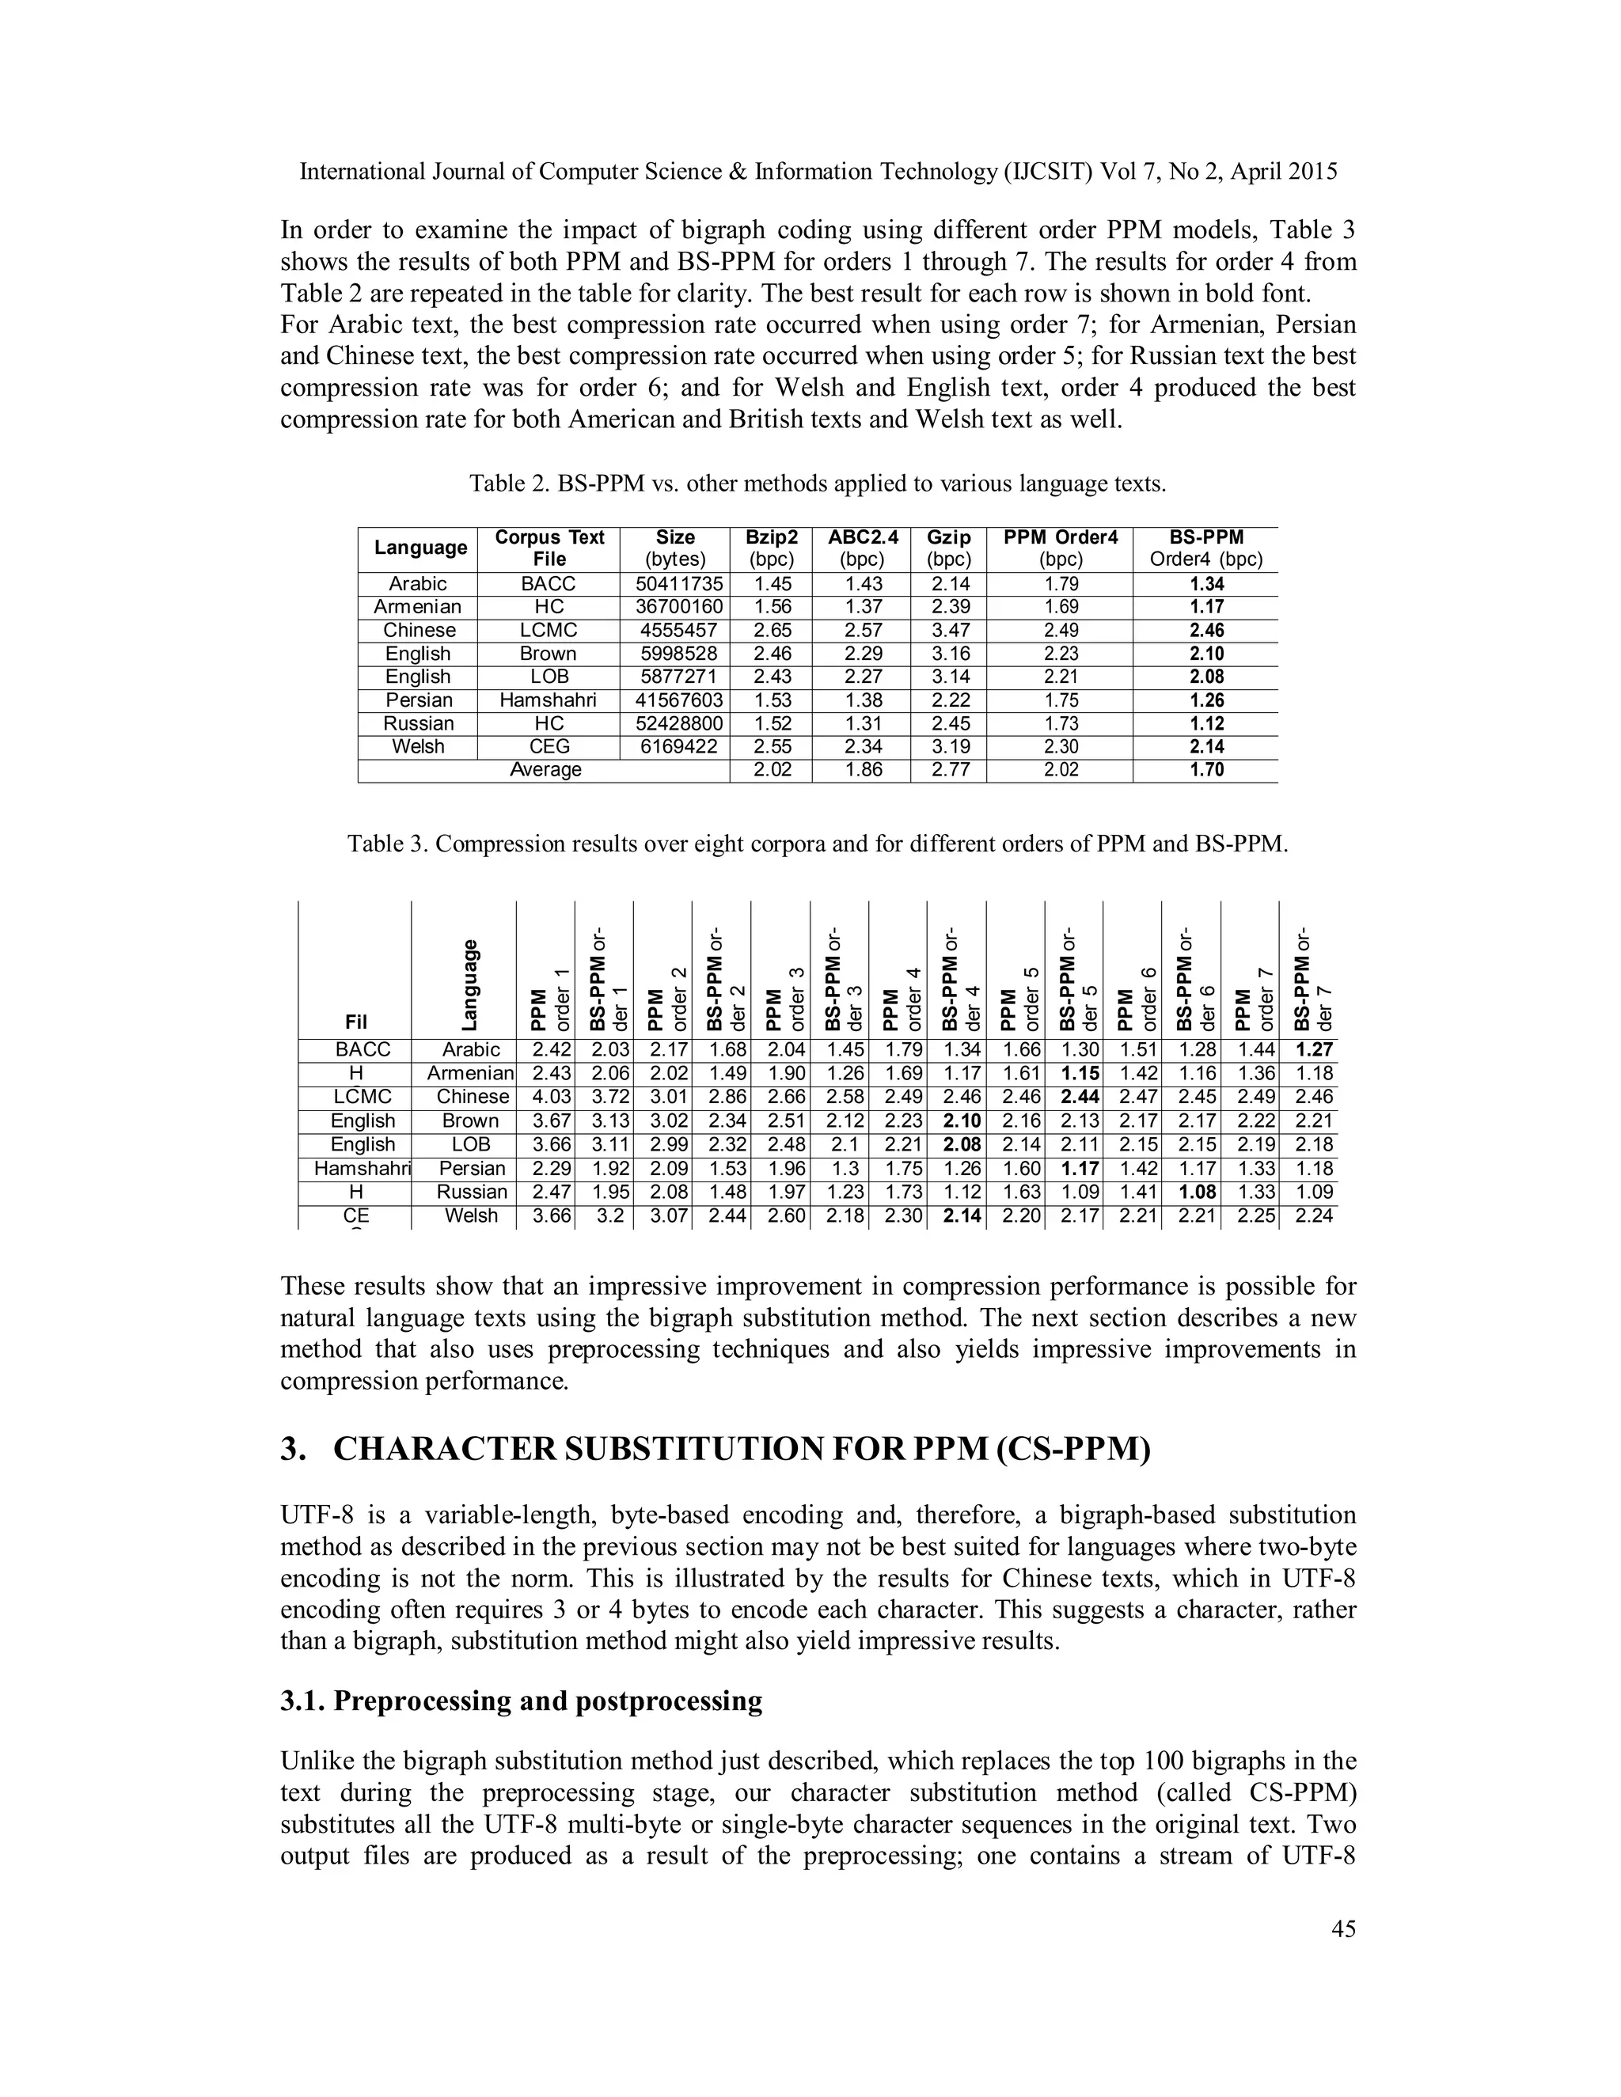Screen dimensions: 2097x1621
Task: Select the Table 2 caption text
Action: click(817, 484)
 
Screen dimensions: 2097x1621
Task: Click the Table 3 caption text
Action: click(817, 844)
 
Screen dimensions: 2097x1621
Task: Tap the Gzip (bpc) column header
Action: click(949, 548)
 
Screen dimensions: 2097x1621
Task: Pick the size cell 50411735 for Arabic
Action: click(674, 584)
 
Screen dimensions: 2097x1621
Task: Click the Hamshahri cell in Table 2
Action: click(549, 700)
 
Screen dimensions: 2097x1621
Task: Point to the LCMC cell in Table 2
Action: click(549, 631)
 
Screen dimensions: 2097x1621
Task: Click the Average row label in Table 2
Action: click(545, 770)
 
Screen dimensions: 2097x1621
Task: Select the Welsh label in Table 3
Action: click(472, 1215)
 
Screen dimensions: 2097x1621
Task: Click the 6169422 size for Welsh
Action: click(674, 747)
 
